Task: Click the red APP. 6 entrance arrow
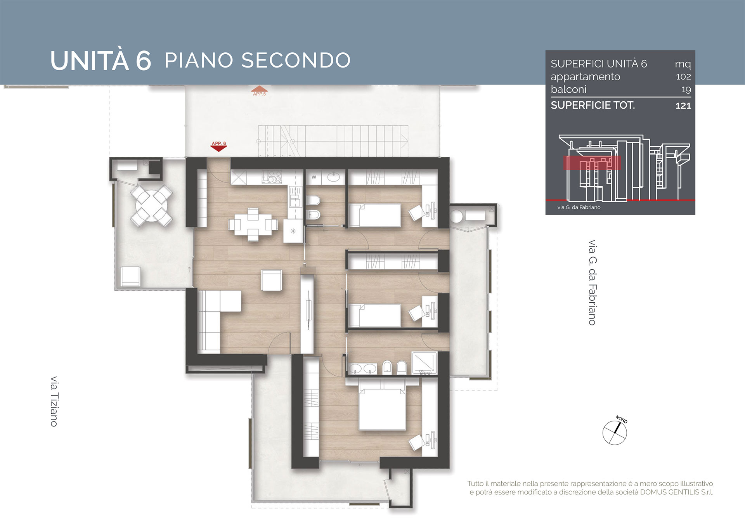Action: pyautogui.click(x=218, y=146)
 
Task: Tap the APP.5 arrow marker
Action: pyautogui.click(x=259, y=91)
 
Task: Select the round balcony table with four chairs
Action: pyautogui.click(x=151, y=205)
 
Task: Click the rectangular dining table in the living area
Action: pyautogui.click(x=253, y=225)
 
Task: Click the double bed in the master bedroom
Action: pyautogui.click(x=382, y=404)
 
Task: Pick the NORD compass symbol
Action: pyautogui.click(x=615, y=431)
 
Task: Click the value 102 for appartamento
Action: pyautogui.click(x=683, y=76)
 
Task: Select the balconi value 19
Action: pyautogui.click(x=686, y=90)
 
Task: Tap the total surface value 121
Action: pyautogui.click(x=683, y=106)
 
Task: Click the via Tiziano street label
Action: pyautogui.click(x=54, y=401)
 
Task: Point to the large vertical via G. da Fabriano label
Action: pyautogui.click(x=593, y=283)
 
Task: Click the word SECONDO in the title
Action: pyautogui.click(x=296, y=61)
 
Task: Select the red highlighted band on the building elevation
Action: pyautogui.click(x=592, y=163)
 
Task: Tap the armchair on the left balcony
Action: pyautogui.click(x=131, y=276)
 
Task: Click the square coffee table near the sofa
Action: pyautogui.click(x=272, y=280)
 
